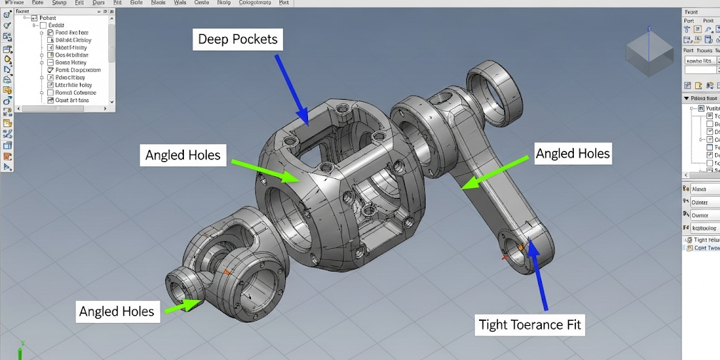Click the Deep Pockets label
(237, 39)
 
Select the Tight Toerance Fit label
(530, 325)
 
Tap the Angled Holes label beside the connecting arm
(572, 153)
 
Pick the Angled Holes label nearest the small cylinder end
(116, 311)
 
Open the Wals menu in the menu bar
(180, 3)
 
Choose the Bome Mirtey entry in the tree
(71, 62)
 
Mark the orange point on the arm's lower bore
(521, 247)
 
